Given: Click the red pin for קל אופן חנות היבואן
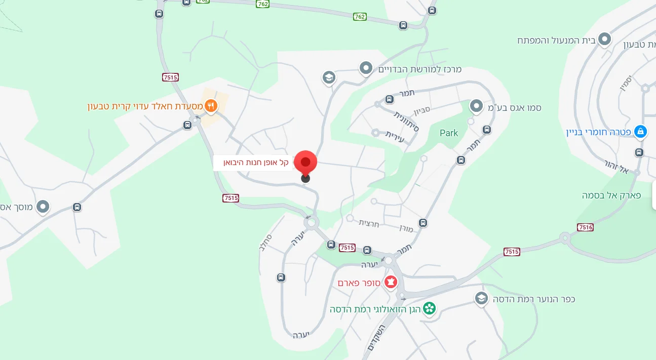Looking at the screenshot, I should (x=305, y=162).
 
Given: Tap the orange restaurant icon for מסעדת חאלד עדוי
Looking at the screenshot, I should (x=211, y=106).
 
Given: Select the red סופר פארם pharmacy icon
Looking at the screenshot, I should (x=391, y=282).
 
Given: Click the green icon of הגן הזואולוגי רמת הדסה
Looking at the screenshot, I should (x=429, y=308).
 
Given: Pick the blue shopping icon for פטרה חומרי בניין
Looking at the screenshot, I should (x=640, y=132).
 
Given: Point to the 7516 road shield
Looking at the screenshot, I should (x=585, y=227).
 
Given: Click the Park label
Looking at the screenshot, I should (x=448, y=133).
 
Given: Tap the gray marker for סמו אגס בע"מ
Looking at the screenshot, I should (x=476, y=106).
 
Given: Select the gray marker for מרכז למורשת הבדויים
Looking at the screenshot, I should (x=366, y=67).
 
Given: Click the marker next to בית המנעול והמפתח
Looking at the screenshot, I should (x=604, y=38).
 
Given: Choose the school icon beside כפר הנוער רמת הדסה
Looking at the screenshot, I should (x=481, y=298).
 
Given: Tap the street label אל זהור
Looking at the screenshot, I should (x=616, y=167).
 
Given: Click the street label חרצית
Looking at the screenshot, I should (x=369, y=222).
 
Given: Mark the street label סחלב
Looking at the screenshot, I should (x=269, y=243).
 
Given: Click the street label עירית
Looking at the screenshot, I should (x=395, y=137).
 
